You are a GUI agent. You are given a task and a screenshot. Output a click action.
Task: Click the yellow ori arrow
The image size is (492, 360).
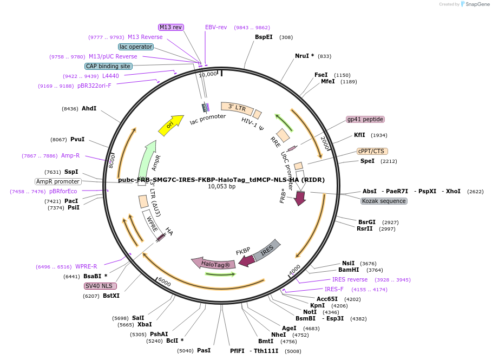click(x=170, y=125)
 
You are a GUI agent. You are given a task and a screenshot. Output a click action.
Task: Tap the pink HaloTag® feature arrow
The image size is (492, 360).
click(x=213, y=264)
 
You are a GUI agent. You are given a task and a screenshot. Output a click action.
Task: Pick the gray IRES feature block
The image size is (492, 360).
click(x=267, y=250)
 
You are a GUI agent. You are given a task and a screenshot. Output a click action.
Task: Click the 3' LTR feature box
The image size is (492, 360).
click(x=237, y=108)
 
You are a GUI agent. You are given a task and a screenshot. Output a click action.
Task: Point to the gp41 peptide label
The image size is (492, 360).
click(x=365, y=119)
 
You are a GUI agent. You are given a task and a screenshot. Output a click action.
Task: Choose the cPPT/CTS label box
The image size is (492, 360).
click(x=372, y=151)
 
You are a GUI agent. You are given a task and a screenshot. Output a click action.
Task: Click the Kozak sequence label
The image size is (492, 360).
click(x=384, y=201)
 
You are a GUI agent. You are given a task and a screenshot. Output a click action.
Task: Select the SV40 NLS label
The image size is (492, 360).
click(x=101, y=286)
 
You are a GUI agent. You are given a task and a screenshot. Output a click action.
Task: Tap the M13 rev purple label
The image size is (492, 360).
click(x=170, y=27)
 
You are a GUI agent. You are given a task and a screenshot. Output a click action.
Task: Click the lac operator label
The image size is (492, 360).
click(x=136, y=47)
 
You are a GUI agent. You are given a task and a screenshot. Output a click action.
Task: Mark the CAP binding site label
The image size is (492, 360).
click(x=108, y=66)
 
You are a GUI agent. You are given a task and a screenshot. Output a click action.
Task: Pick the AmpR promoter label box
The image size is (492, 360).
click(x=58, y=181)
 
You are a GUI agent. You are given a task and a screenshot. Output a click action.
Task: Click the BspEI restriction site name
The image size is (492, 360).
click(x=264, y=37)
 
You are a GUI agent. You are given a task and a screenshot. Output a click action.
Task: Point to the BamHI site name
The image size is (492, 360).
click(x=349, y=270)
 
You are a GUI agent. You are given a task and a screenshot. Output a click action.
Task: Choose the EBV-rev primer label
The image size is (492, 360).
click(x=216, y=27)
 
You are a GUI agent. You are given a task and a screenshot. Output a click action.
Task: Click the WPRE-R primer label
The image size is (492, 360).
click(x=86, y=266)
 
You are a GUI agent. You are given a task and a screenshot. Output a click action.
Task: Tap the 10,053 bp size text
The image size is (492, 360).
click(x=221, y=186)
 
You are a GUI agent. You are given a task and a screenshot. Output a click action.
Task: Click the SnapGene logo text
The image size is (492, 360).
click(x=477, y=4)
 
